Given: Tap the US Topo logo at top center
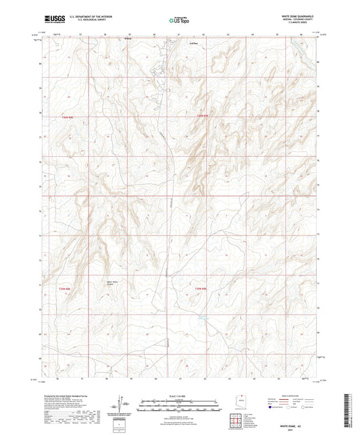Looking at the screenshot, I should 179,20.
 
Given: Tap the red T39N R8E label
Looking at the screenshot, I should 64,289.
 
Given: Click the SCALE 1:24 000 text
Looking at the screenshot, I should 180,395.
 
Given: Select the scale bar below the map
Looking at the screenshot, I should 180,405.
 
